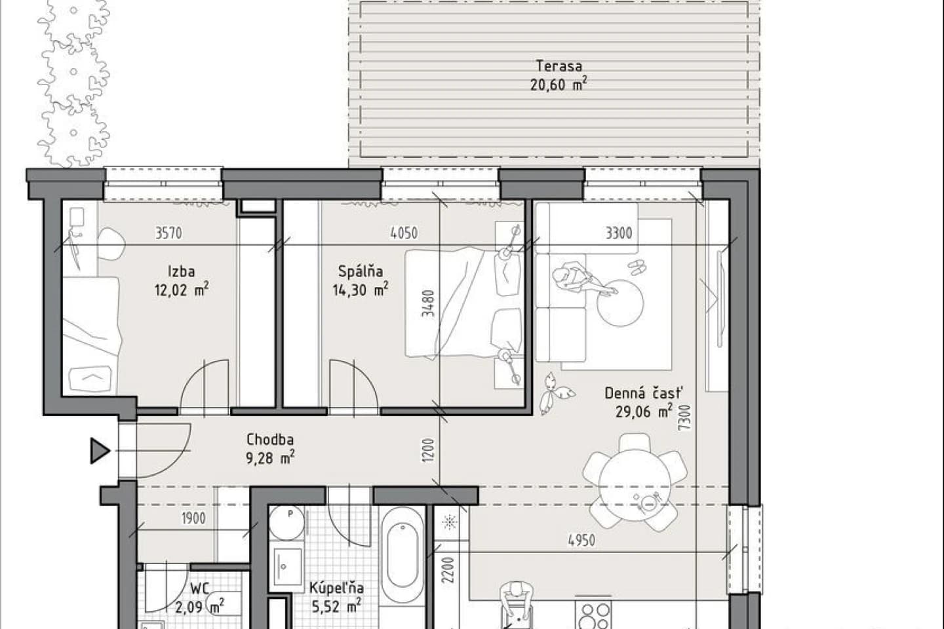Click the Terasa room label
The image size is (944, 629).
tap(559, 66)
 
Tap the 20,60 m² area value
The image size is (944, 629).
tap(559, 85)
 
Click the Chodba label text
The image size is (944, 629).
tap(270, 440)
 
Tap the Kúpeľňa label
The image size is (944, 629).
tap(336, 587)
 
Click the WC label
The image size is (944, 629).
tap(200, 588)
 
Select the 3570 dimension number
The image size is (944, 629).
tap(168, 233)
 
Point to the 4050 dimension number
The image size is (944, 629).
tap(404, 233)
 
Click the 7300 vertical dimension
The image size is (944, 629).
tap(685, 417)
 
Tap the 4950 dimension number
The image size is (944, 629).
tap(581, 541)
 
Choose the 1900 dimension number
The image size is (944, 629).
tap(193, 518)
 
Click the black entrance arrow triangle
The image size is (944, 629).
tap(100, 451)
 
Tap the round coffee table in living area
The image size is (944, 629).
tap(620, 303)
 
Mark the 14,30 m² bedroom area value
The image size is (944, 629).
tap(361, 290)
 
